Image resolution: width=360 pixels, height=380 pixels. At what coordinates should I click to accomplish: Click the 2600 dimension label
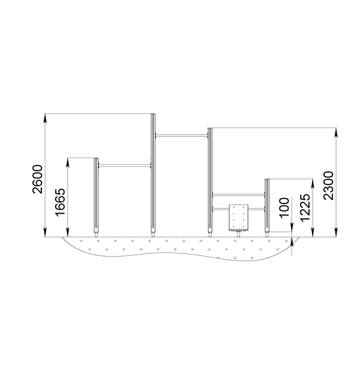37,179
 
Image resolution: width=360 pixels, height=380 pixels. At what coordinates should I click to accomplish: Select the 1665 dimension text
60,202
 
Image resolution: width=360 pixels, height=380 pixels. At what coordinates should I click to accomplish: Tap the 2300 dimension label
328,185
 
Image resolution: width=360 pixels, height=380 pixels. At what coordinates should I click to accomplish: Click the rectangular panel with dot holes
238,217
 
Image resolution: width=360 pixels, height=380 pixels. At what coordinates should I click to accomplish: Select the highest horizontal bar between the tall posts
182,135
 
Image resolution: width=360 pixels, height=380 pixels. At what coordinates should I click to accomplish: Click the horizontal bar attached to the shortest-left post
125,166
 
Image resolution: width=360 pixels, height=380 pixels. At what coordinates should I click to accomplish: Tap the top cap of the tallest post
153,114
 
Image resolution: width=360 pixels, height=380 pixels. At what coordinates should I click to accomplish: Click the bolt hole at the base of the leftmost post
96,228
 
